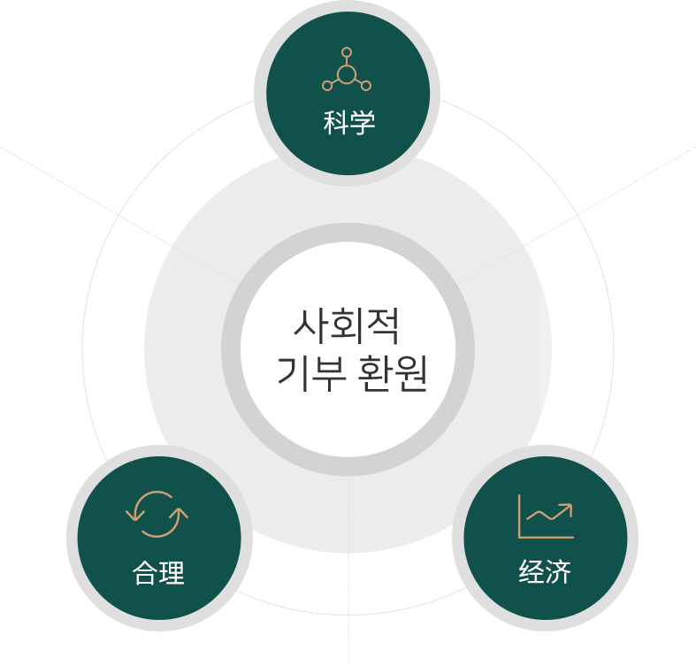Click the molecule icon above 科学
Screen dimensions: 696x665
347,69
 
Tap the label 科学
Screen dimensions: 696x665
349,123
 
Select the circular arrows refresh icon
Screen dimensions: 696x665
157,514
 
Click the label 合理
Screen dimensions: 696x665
158,573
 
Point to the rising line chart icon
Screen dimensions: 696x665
546,516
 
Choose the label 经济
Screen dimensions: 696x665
545,571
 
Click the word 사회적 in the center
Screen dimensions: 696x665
347,326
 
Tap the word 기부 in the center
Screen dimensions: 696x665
311,373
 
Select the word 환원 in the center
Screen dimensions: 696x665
393,373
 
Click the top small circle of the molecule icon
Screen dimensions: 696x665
347,52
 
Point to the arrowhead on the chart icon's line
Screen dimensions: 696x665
567,508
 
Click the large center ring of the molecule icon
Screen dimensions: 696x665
347,74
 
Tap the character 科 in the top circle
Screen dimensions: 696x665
335,123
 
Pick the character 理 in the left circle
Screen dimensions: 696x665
172,573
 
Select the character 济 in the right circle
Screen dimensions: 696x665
558,571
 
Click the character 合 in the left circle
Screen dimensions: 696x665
145,573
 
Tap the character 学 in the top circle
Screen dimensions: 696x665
363,123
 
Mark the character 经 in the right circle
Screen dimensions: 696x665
532,571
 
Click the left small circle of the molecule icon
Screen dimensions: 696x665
327,86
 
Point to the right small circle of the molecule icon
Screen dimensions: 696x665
366,86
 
